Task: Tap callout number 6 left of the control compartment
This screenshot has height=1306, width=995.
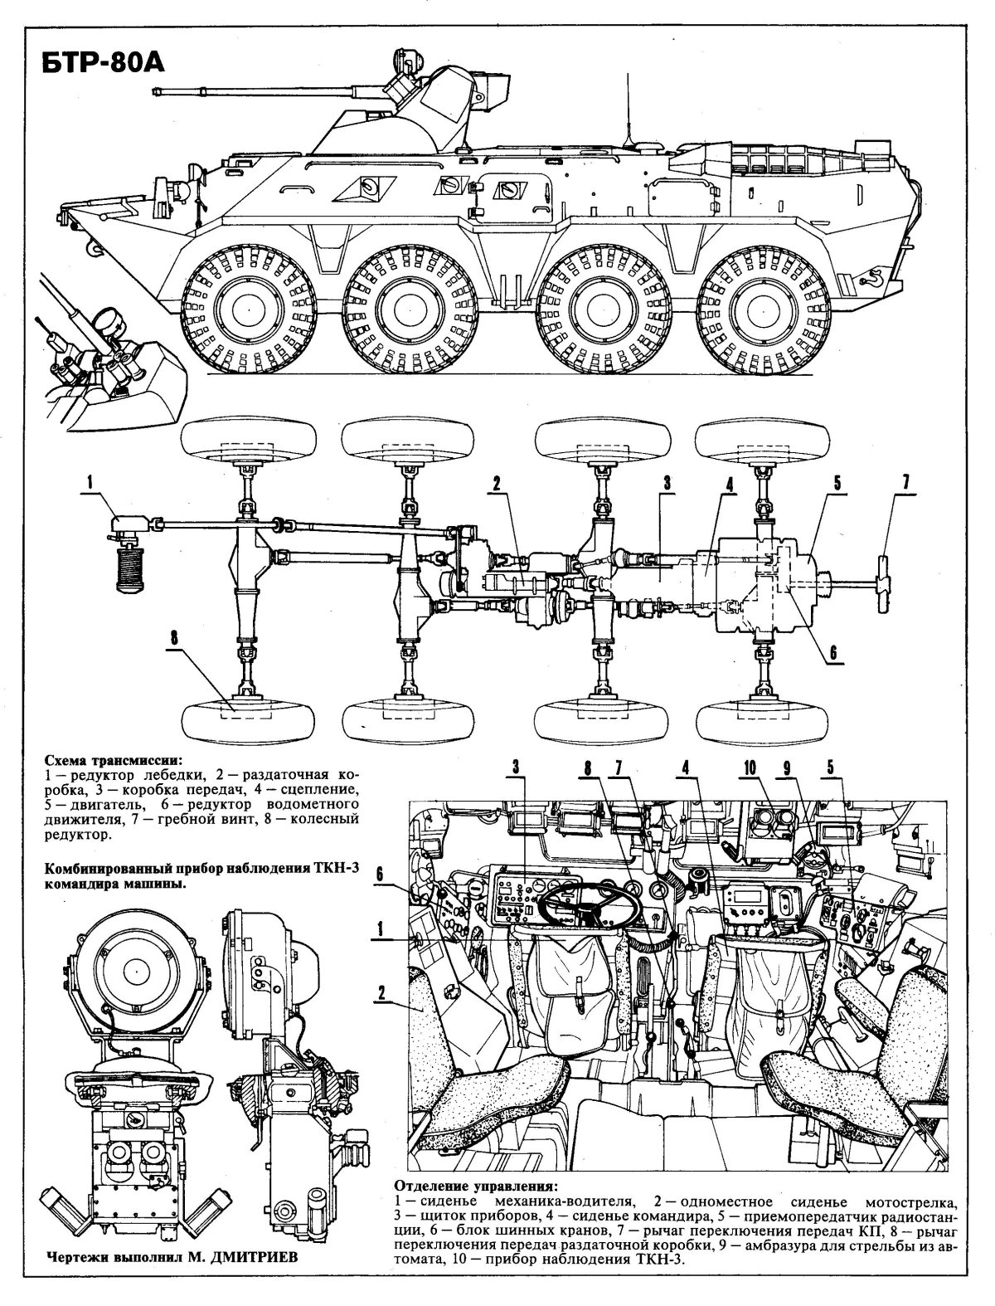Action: click(x=379, y=874)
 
